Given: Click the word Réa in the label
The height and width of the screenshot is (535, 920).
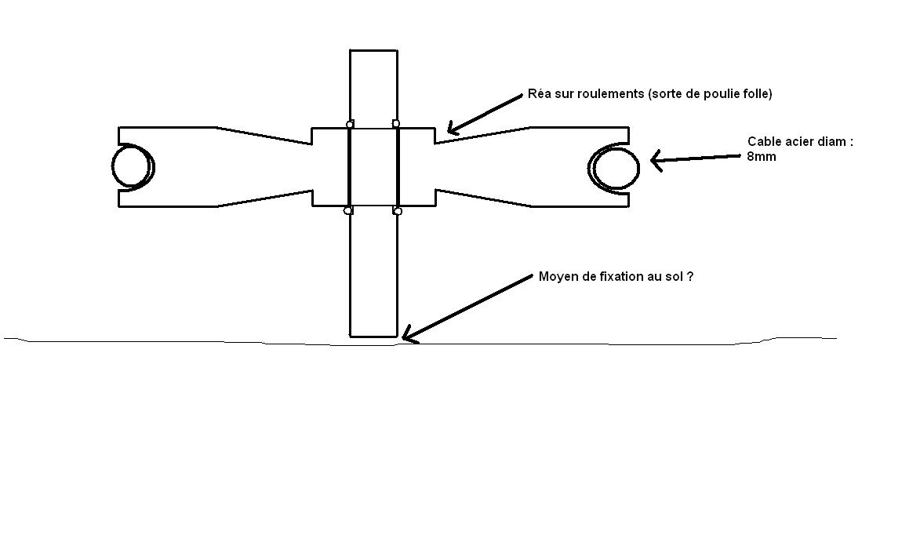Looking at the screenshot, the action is (x=540, y=94).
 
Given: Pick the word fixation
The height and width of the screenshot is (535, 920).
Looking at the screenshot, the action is (x=618, y=277).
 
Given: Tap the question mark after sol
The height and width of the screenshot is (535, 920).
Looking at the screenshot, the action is (x=689, y=277).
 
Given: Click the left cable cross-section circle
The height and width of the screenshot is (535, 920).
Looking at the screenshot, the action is (x=132, y=166).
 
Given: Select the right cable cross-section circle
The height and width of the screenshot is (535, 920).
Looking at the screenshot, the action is (x=616, y=167).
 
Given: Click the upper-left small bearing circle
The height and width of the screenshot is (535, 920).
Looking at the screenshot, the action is (x=350, y=124).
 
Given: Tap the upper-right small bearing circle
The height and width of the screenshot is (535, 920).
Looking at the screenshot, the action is (x=396, y=123).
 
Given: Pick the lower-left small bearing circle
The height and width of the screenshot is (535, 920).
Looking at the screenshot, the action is (x=348, y=210).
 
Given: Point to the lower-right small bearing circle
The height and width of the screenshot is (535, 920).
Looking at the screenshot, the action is (x=398, y=211).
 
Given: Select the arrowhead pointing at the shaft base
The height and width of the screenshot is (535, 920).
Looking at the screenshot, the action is (x=408, y=338).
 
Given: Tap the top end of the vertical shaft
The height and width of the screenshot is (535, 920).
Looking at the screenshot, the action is (x=373, y=51).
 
